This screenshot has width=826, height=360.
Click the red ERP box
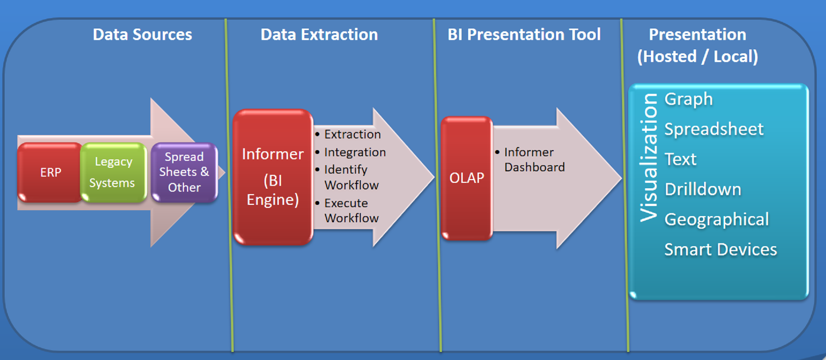click(50, 172)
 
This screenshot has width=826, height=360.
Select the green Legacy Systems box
click(113, 172)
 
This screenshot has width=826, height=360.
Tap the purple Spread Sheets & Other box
click(184, 172)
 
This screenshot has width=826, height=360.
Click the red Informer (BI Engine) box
click(273, 177)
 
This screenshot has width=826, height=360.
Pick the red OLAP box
click(467, 178)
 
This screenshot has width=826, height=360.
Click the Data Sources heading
click(142, 35)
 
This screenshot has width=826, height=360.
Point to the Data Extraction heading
click(319, 35)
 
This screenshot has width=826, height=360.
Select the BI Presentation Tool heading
click(524, 35)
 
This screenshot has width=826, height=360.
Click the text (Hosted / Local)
click(698, 57)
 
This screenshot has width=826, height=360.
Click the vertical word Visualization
click(648, 158)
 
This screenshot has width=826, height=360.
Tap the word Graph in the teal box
click(689, 100)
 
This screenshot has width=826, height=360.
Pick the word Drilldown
click(703, 189)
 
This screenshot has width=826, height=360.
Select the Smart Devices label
click(721, 250)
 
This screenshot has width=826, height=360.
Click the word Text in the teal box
click(680, 159)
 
